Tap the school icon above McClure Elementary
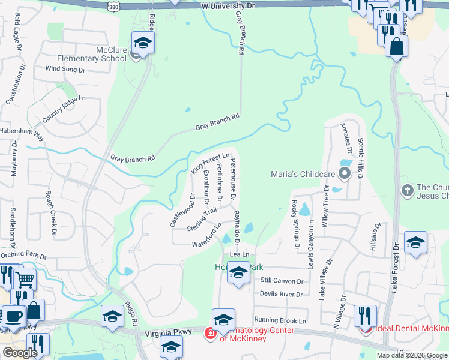143,43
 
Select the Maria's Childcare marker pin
345,175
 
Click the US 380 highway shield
115,5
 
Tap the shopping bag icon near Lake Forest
397,46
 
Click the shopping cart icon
25,278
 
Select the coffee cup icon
13,316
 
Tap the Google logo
20,353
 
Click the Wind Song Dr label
65,70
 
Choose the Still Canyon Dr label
282,280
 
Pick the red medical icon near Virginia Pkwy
210,332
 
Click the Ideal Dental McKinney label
412,328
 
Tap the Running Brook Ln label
280,321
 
